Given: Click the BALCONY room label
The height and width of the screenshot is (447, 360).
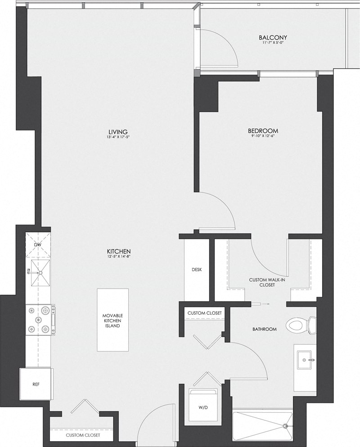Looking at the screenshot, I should click(273, 37).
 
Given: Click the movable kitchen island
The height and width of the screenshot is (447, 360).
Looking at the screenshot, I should click(112, 320).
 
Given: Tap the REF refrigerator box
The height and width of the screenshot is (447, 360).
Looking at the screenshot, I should click(36, 385).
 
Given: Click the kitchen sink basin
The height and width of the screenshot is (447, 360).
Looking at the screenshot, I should click(40, 272).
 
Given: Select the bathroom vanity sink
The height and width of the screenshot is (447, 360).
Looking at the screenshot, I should click(306, 361).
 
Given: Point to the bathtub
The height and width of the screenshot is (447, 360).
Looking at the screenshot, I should click(262, 425).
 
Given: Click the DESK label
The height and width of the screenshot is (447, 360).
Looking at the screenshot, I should click(197, 270).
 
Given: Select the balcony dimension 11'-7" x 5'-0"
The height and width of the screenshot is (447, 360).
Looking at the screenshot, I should click(273, 43).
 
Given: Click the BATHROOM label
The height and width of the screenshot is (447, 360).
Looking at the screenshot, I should click(264, 329).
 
